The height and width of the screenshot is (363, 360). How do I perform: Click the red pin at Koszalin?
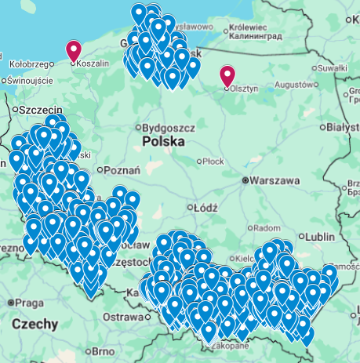tap(74, 50)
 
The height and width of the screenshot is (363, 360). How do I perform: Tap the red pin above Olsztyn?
tap(227, 75)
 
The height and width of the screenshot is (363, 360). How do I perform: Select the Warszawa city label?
tap(275, 180)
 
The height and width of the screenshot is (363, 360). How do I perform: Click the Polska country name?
tap(164, 142)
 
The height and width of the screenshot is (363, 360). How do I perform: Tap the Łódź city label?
tap(205, 208)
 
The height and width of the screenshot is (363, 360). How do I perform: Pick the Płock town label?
tap(213, 162)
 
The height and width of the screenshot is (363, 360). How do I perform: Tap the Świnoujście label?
tap(31, 81)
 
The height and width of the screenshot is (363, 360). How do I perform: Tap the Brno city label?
tap(104, 351)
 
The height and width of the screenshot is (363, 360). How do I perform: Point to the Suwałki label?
tap(332, 68)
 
